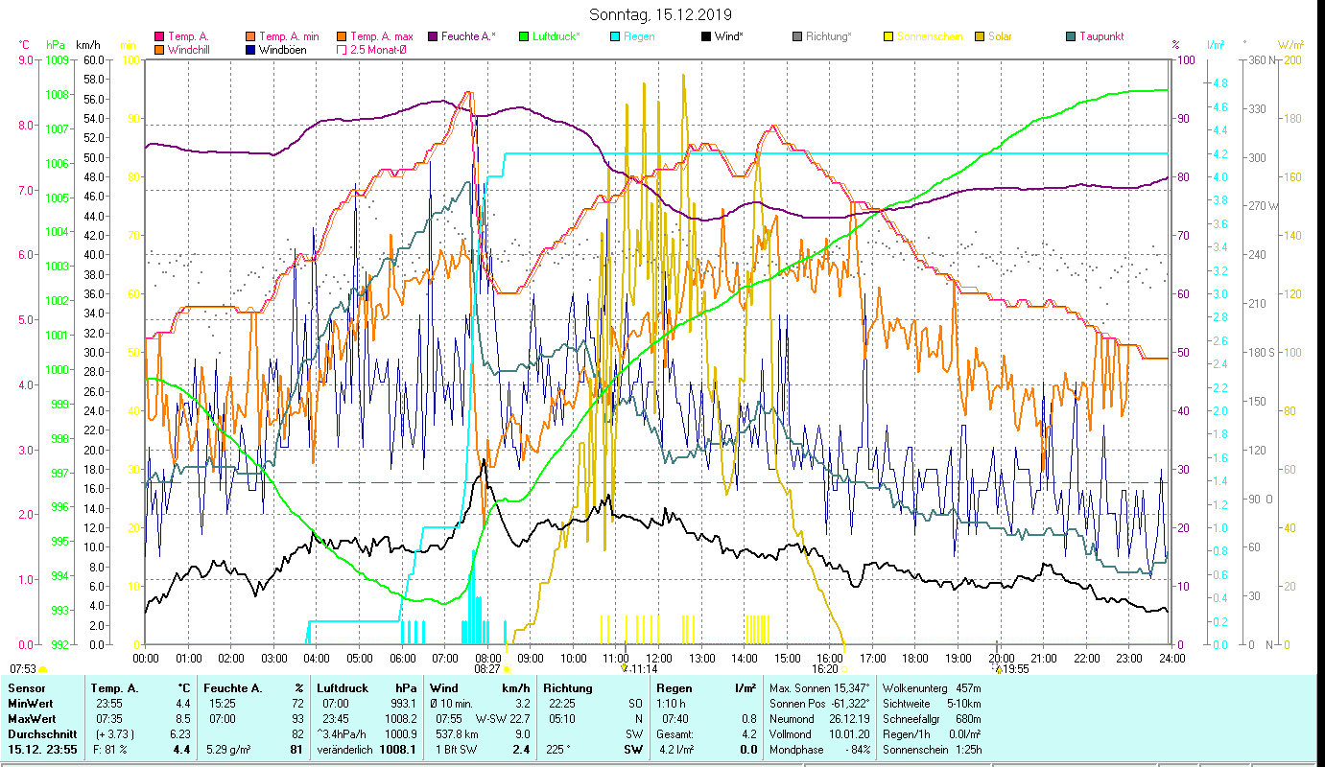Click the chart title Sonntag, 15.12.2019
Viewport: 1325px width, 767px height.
point(660,14)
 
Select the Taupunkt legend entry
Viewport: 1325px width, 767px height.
point(1100,36)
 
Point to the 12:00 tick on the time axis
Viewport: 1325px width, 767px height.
point(658,659)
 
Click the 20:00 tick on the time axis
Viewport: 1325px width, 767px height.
point(1001,659)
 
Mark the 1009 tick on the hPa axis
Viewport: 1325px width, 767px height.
point(57,59)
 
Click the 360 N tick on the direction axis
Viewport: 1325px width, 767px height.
point(1261,59)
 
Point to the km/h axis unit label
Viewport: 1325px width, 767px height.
point(88,45)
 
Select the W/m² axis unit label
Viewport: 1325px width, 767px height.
point(1290,45)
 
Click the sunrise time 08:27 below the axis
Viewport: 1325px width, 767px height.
point(487,669)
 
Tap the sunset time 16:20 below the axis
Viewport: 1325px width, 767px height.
point(824,669)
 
